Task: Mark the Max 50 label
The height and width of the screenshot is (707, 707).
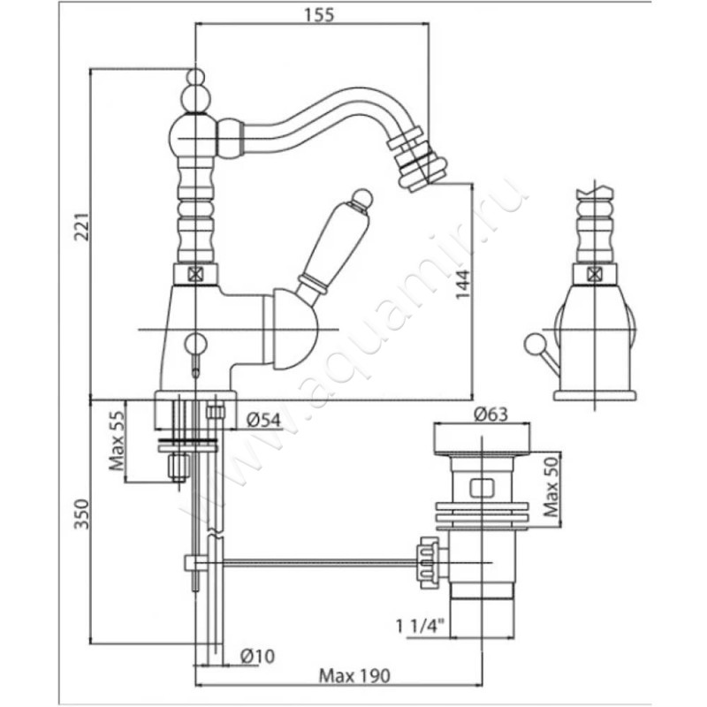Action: (x=550, y=488)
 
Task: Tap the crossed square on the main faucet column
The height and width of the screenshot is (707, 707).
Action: (x=196, y=274)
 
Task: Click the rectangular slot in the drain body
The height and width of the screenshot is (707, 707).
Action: (x=482, y=485)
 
